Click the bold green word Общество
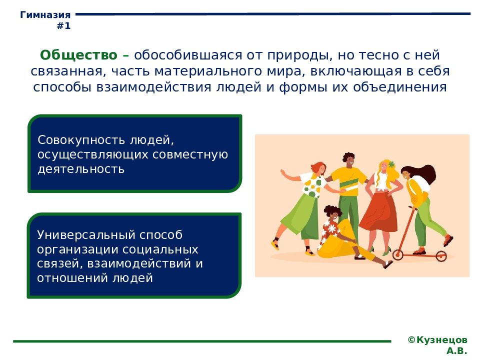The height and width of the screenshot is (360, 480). [x=78, y=55]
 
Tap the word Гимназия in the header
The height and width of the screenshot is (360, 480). [x=45, y=14]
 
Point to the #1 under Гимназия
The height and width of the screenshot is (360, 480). [x=63, y=25]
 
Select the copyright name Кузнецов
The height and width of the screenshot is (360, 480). [x=441, y=340]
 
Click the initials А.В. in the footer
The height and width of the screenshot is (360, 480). [x=456, y=350]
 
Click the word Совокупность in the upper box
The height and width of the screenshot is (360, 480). [x=81, y=140]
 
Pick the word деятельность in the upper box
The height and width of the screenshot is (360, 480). [x=81, y=169]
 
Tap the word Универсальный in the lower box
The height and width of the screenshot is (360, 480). [x=86, y=235]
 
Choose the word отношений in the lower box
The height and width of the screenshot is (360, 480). [x=73, y=278]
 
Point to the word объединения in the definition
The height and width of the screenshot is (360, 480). [x=400, y=87]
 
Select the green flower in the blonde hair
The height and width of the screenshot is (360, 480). [x=391, y=164]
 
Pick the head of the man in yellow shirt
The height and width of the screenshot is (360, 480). [x=348, y=160]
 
